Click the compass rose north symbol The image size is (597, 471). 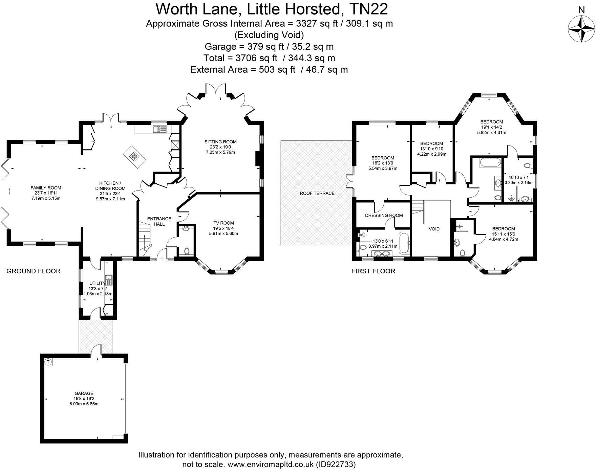click(x=581, y=29)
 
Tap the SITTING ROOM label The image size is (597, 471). click(x=220, y=142)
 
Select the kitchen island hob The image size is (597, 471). click(x=134, y=156)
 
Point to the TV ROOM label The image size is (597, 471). click(x=223, y=223)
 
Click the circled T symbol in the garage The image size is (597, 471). click(x=48, y=362)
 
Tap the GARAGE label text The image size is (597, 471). click(x=84, y=393)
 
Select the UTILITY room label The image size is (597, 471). click(x=97, y=283)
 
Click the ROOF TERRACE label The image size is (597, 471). click(x=317, y=193)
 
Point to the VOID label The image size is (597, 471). click(x=434, y=229)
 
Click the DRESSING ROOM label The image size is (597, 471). click(x=384, y=216)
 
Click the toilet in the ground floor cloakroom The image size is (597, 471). click(x=187, y=251)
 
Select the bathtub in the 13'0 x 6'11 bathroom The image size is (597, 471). click(x=404, y=243)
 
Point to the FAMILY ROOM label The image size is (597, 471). click(x=46, y=188)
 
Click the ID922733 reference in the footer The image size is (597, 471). click(x=335, y=464)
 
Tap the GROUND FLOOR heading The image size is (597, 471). click(x=34, y=271)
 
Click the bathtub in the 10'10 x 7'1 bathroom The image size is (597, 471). click(x=490, y=163)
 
